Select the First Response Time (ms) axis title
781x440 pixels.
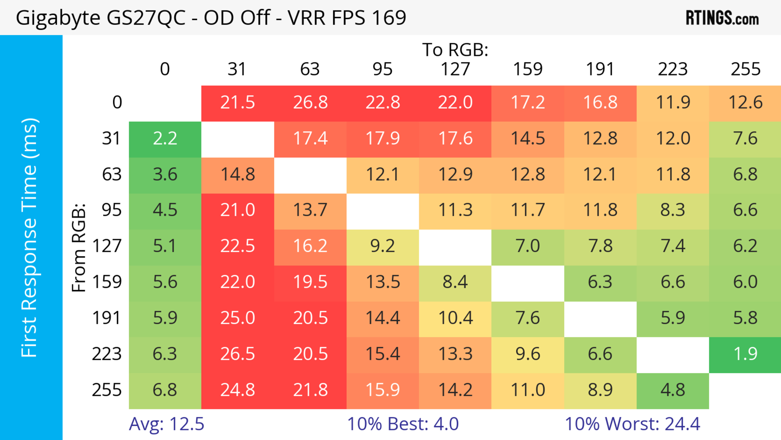(x=30, y=237)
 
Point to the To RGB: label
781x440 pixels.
(x=455, y=50)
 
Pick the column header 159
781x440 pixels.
(x=528, y=69)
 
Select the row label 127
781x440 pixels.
(x=107, y=246)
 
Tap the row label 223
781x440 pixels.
(x=107, y=354)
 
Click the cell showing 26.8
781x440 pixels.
(x=310, y=103)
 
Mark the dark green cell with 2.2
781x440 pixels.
(x=165, y=139)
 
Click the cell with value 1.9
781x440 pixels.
(x=745, y=354)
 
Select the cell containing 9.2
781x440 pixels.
(x=383, y=246)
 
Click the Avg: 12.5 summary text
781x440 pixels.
(x=166, y=424)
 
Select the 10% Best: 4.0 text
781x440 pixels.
(x=403, y=424)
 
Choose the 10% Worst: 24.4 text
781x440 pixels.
(x=633, y=424)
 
